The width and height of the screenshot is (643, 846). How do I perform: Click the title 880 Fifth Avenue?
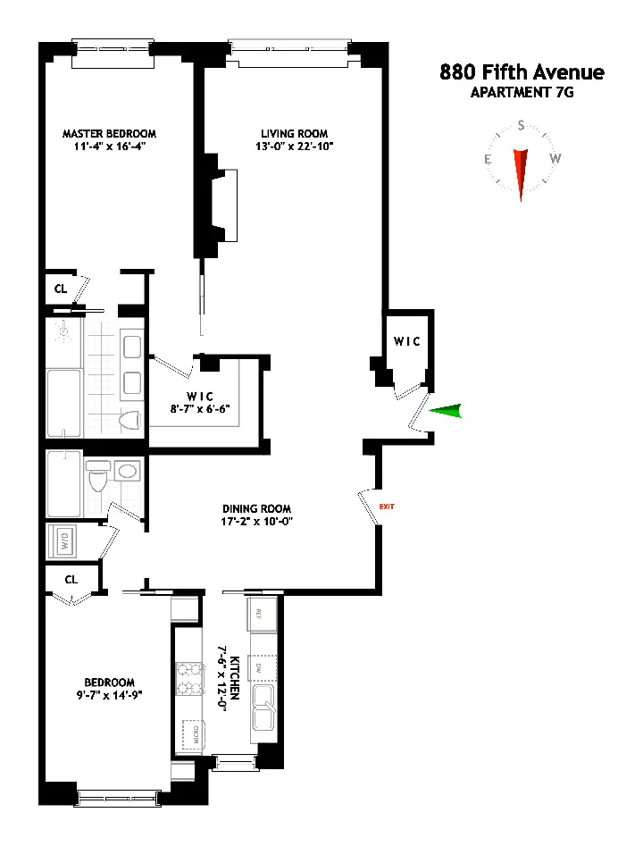click(522, 72)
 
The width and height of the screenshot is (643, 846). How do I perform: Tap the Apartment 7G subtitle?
click(522, 91)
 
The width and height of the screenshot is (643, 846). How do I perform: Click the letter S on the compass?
click(521, 127)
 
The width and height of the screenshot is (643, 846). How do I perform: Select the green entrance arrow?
click(447, 411)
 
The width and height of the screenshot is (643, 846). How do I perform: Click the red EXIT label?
click(387, 507)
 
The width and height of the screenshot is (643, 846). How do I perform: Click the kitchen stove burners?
click(190, 678)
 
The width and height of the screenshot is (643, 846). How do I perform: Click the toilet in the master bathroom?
click(129, 420)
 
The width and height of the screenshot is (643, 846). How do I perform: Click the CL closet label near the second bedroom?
click(71, 579)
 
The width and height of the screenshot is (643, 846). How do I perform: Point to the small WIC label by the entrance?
click(406, 342)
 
